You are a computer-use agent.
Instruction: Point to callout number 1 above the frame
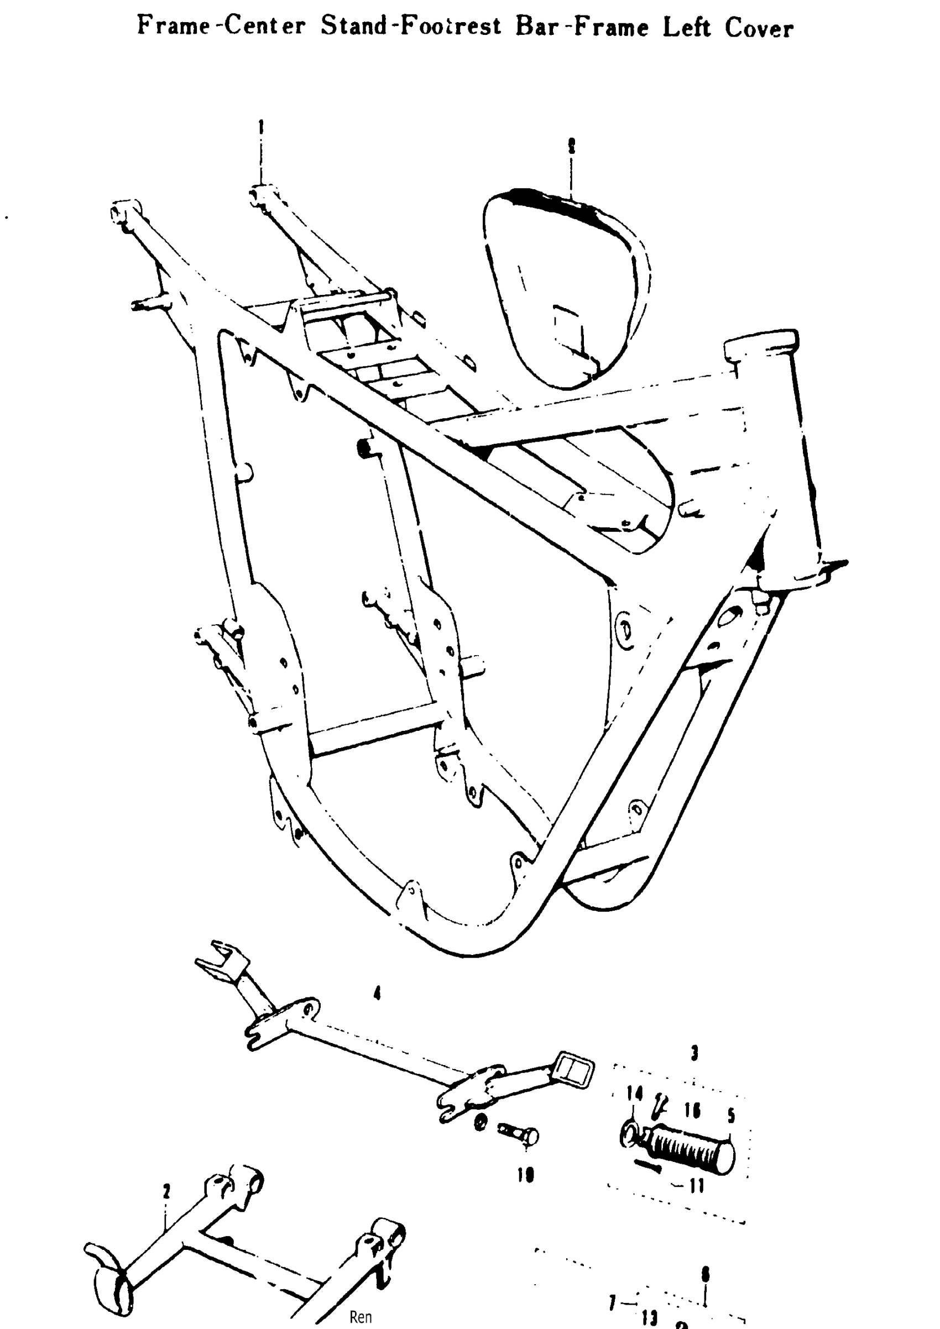pyautogui.click(x=261, y=126)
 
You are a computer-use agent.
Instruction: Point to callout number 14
pyautogui.click(x=634, y=1094)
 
